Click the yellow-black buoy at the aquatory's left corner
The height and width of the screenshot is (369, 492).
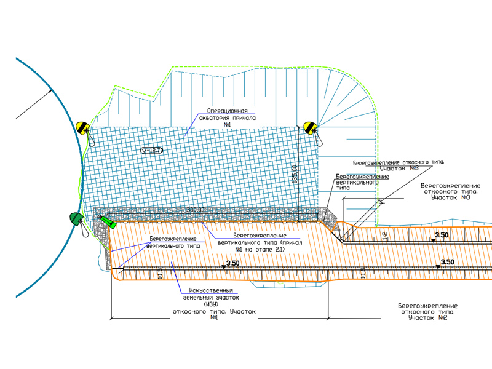83,129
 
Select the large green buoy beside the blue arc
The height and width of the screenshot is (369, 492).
76,218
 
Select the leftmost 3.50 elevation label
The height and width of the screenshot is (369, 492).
233,264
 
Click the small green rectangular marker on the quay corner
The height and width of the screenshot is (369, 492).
113,224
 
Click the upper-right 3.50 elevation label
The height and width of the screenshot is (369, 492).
442,235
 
